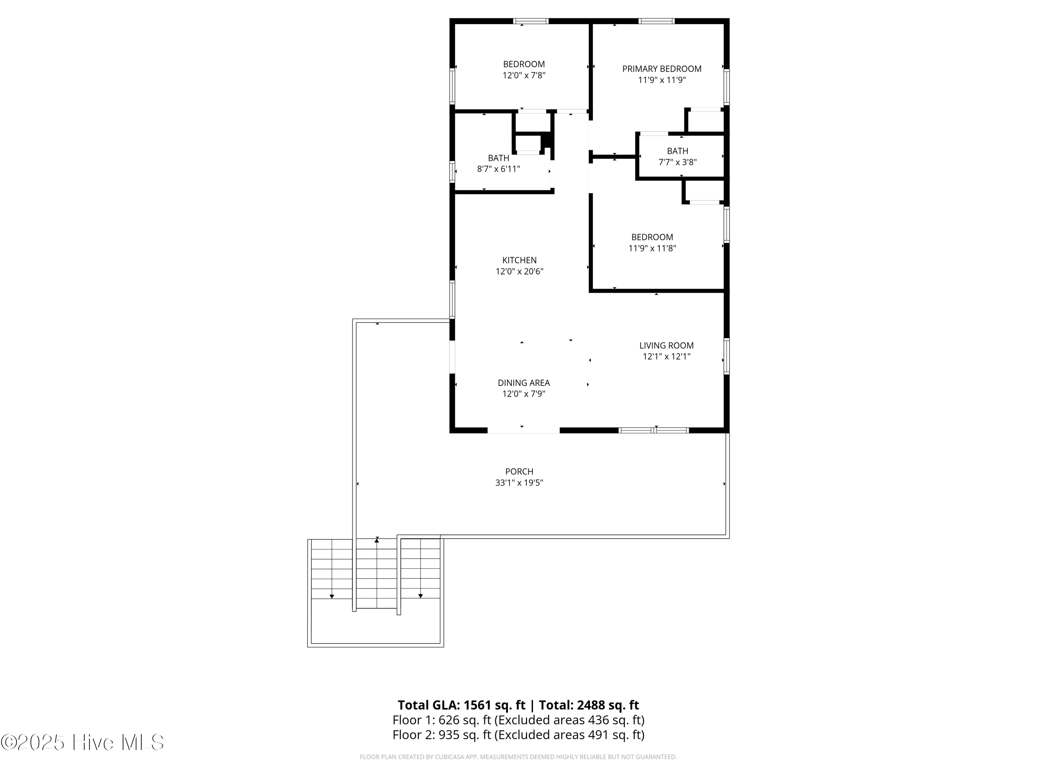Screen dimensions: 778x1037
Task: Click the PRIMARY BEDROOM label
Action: click(662, 69)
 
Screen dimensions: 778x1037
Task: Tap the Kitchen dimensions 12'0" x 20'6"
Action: click(520, 271)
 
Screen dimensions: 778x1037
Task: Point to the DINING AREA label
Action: click(524, 383)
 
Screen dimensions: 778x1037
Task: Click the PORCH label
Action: click(519, 471)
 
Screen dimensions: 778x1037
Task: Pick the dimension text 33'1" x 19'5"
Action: click(519, 483)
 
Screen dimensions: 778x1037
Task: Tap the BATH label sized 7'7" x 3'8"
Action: click(678, 151)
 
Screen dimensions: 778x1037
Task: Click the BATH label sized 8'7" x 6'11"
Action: click(498, 158)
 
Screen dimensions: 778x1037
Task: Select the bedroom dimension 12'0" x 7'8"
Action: click(524, 75)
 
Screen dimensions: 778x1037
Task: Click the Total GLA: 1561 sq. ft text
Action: click(462, 705)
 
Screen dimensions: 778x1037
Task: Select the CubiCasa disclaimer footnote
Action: click(518, 757)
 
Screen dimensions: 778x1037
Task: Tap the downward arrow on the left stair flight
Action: click(332, 596)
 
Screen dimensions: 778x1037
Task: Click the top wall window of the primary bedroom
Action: click(656, 21)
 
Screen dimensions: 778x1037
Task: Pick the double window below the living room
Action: click(654, 430)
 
